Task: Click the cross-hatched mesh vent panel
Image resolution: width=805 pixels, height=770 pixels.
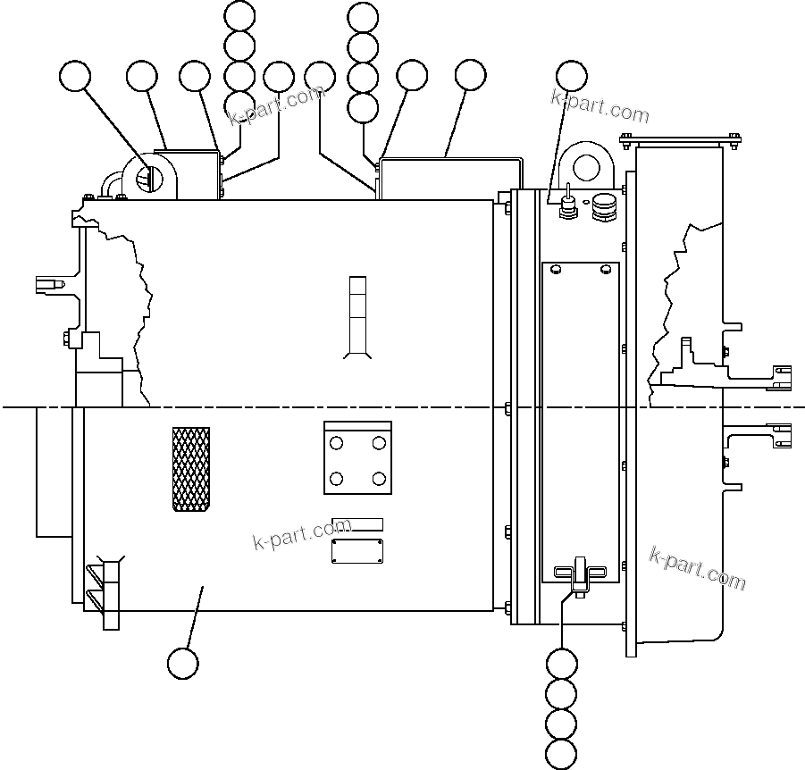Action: click(x=191, y=469)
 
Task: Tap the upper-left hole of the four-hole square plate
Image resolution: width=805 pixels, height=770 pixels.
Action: click(x=336, y=443)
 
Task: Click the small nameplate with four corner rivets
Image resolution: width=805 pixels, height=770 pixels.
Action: click(x=357, y=550)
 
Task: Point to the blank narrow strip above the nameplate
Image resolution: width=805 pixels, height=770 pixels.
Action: click(x=357, y=524)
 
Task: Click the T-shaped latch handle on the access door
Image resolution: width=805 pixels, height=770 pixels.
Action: click(x=579, y=573)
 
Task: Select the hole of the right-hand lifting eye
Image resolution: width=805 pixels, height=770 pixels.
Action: click(x=587, y=166)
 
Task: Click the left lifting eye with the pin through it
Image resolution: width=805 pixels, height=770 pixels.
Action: click(x=148, y=177)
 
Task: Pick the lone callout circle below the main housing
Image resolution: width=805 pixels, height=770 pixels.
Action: click(x=183, y=663)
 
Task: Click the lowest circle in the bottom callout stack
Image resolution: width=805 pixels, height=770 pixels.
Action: click(x=562, y=752)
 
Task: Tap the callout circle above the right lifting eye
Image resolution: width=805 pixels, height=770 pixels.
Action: click(x=572, y=77)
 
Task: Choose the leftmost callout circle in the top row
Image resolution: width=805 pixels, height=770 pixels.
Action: click(x=75, y=78)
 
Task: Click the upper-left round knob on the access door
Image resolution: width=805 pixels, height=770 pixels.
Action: click(x=556, y=269)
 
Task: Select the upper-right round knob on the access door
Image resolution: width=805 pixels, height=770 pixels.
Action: click(x=606, y=269)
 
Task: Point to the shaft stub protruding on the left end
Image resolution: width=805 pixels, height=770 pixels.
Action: click(x=50, y=285)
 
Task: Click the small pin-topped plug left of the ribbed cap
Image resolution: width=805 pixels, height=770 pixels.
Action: click(x=566, y=207)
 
